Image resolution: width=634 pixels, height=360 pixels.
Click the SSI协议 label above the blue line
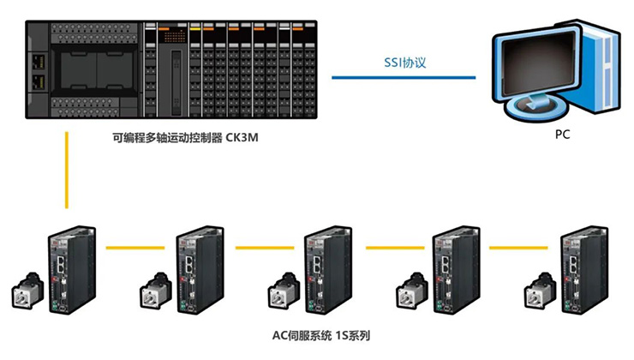(x=402, y=63)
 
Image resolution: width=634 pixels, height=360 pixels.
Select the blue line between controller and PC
(x=403, y=77)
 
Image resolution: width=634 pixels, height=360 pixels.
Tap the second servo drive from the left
(x=199, y=270)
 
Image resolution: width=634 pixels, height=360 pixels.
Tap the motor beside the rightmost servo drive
(x=540, y=291)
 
